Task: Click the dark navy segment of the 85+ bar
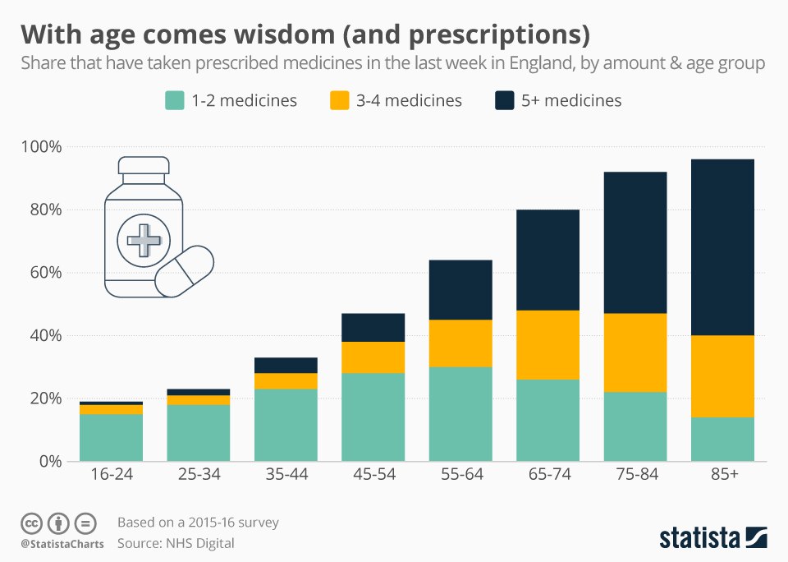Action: [x=722, y=246]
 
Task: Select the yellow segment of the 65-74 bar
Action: [x=547, y=345]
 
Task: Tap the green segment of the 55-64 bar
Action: [x=460, y=414]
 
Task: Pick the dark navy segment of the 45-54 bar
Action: [x=373, y=327]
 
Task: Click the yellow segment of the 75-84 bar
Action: [x=635, y=352]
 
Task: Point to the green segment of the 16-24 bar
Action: [x=111, y=438]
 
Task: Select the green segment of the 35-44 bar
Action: [x=286, y=425]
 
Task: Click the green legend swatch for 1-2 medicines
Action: [x=174, y=100]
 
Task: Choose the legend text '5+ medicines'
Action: [x=571, y=100]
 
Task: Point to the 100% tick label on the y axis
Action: [x=42, y=147]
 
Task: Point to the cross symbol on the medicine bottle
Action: [x=144, y=241]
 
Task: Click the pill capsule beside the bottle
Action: [x=185, y=270]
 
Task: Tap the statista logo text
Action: [x=699, y=538]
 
